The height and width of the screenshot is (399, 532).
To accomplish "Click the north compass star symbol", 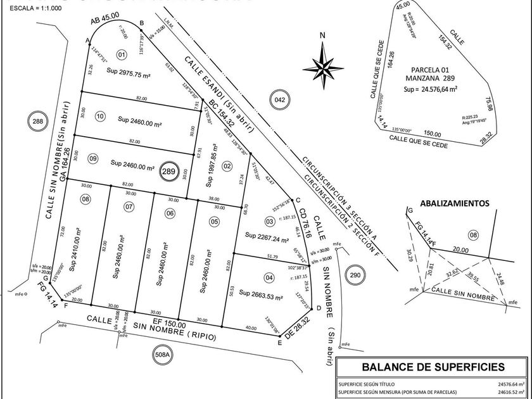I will coord(323,65).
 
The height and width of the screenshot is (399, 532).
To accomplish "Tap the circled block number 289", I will coord(168,171).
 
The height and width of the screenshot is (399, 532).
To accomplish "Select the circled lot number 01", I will coord(122,55).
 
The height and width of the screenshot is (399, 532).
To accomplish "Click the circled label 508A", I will coord(163,355).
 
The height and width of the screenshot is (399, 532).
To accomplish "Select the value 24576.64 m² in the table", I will coord(510,384).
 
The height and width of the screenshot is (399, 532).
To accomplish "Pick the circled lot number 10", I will coord(100,116).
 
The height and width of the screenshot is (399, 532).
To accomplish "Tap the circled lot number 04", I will coord(269,277).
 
